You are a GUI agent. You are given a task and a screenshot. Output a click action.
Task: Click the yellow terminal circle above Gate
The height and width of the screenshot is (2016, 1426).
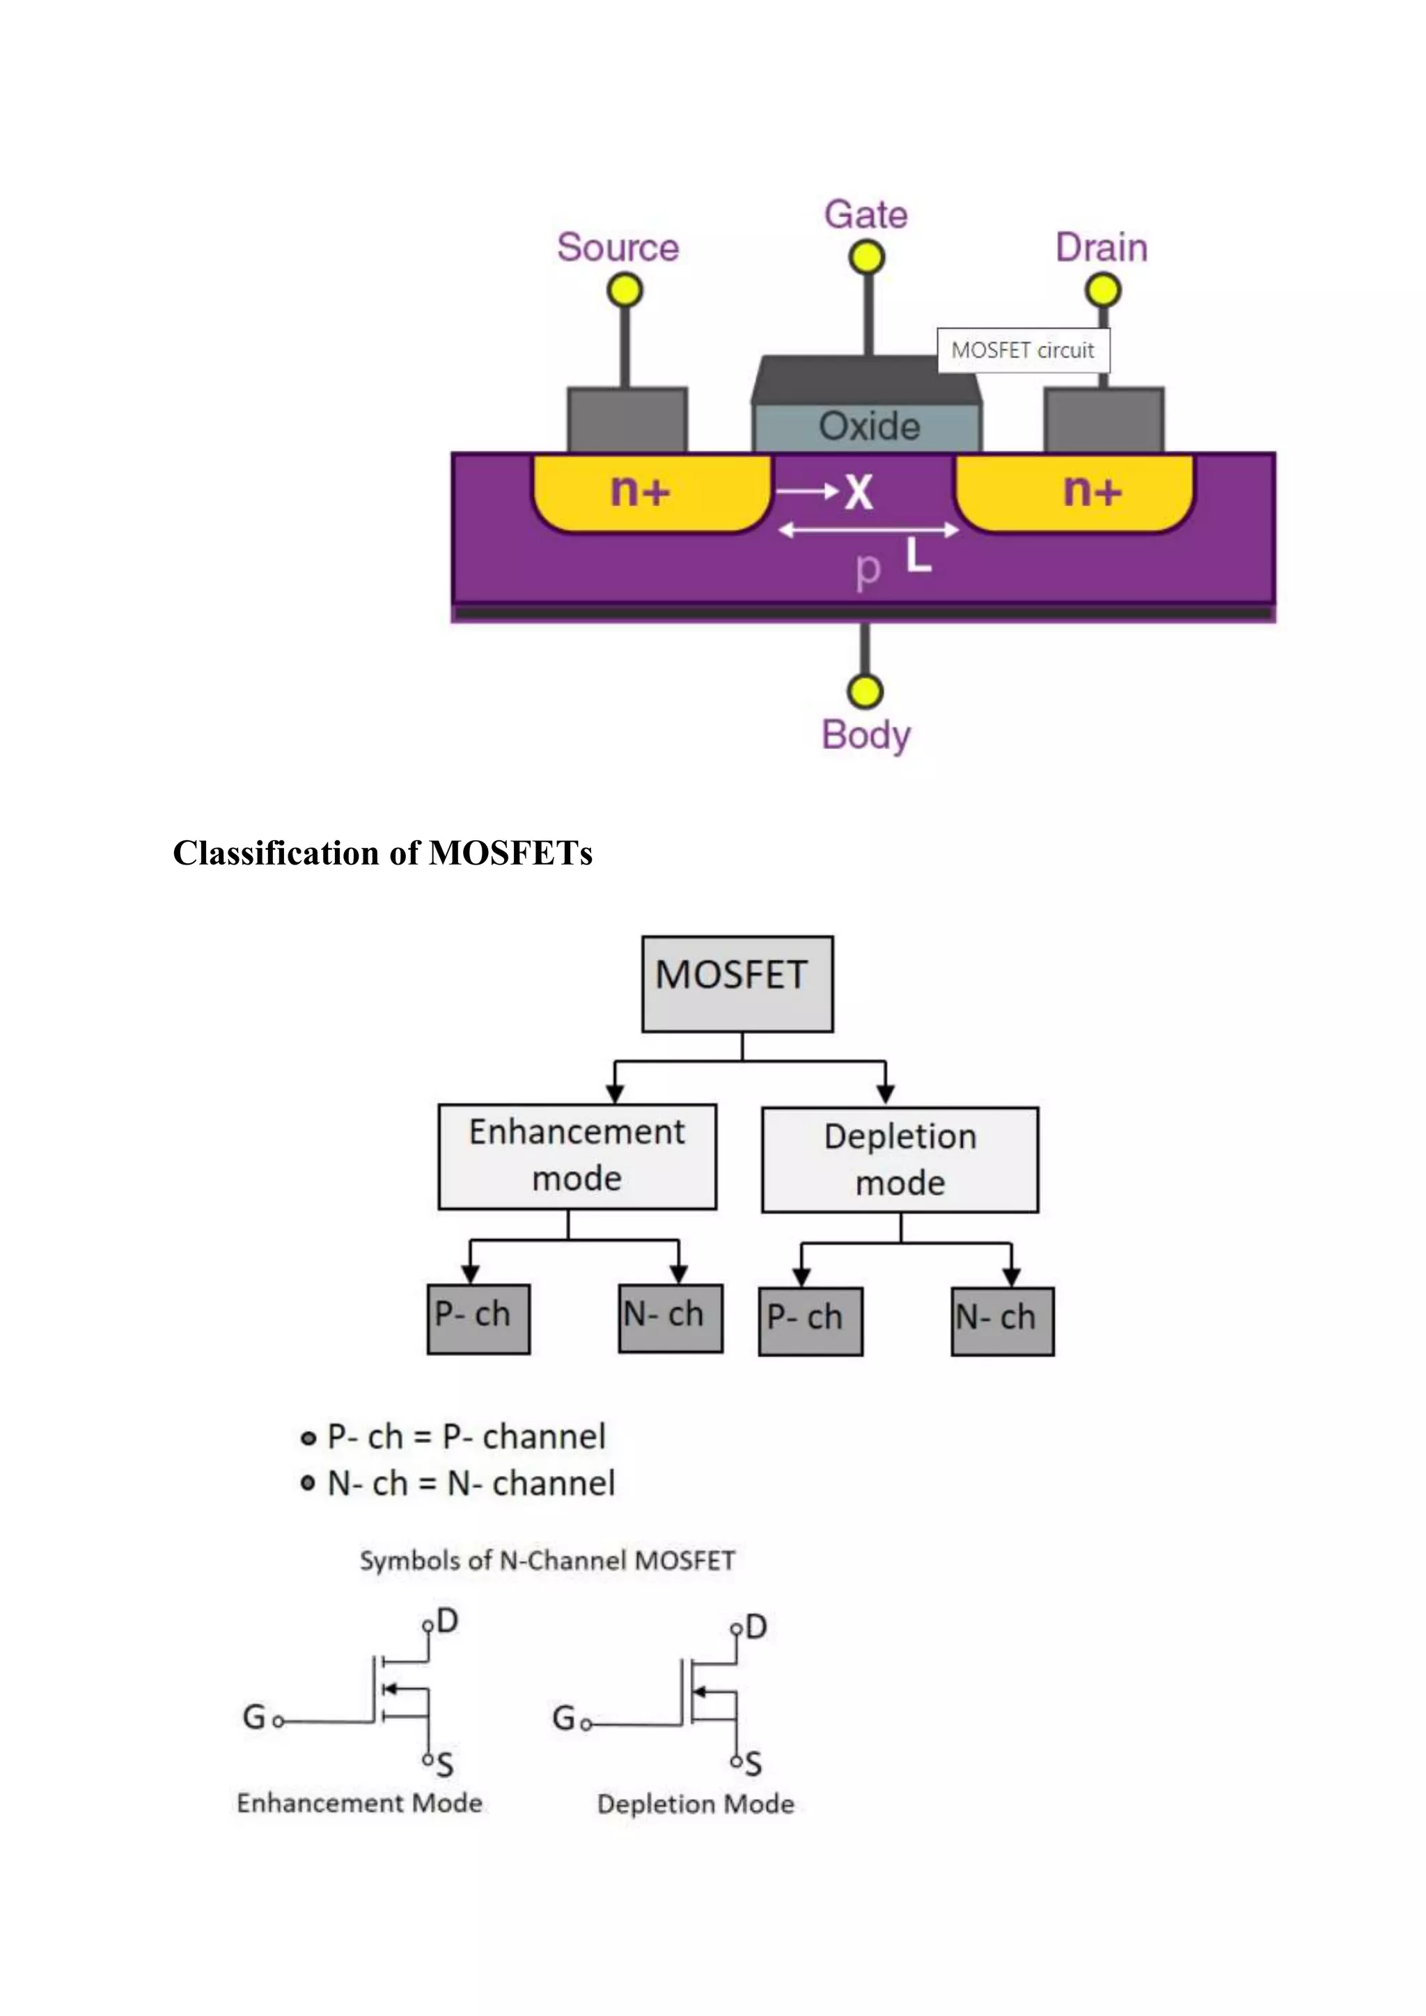tap(865, 258)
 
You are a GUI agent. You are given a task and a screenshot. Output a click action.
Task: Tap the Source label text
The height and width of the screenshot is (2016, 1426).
tap(618, 248)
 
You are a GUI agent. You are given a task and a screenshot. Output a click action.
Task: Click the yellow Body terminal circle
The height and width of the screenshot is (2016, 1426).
tap(865, 691)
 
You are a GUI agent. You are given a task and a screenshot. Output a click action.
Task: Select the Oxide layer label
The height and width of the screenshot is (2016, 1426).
tap(868, 427)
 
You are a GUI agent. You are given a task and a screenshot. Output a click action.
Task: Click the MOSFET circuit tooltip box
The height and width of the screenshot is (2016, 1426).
tap(1022, 350)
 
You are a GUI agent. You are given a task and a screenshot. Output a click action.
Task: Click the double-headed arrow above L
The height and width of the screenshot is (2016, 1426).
tap(868, 530)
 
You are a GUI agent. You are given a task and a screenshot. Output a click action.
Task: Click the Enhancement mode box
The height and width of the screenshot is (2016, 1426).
tap(577, 1156)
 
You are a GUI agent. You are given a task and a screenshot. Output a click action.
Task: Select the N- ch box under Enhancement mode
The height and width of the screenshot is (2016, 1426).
tap(670, 1318)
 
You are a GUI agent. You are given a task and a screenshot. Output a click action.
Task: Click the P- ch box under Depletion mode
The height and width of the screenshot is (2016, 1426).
tap(810, 1321)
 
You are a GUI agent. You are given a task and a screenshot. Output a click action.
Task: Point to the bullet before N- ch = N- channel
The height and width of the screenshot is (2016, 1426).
tap(307, 1482)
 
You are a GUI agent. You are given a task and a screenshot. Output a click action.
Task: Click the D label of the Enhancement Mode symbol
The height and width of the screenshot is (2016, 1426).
tap(447, 1620)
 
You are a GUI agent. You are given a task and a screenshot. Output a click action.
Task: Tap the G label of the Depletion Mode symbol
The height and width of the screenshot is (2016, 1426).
tap(563, 1717)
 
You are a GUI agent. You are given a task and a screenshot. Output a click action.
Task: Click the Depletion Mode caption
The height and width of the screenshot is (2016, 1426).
tap(696, 1804)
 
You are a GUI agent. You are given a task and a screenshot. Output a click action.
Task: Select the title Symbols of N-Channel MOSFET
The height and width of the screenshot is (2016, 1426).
tap(547, 1560)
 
